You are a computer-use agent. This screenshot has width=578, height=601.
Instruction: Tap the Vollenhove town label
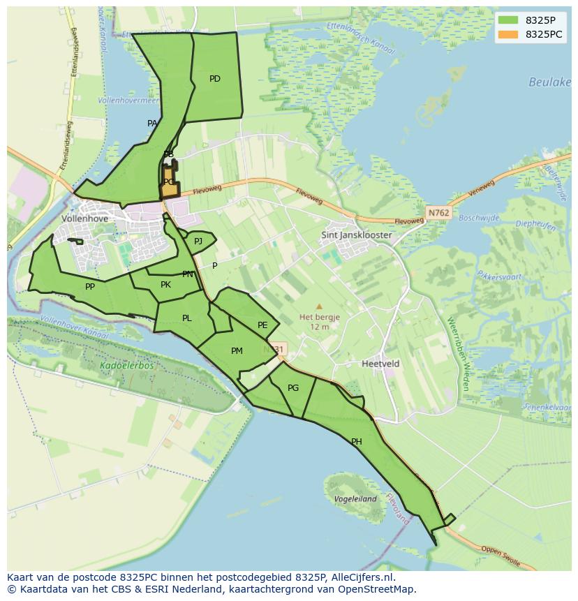point(86,218)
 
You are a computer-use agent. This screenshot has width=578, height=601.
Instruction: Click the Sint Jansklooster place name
point(356,235)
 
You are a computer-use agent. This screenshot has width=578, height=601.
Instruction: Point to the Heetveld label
point(380,364)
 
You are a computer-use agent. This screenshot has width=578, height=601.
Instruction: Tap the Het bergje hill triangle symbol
point(319,306)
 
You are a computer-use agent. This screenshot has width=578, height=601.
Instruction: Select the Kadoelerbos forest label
point(126,365)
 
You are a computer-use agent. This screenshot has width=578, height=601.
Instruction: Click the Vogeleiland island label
point(355,499)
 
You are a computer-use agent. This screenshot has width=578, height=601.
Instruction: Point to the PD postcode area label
point(215,79)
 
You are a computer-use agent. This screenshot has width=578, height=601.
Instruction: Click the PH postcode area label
point(357,442)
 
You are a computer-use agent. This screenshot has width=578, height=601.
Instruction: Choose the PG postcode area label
point(293,388)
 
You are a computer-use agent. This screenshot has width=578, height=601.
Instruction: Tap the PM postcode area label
point(237,351)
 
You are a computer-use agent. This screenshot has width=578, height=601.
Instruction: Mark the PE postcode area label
point(262,325)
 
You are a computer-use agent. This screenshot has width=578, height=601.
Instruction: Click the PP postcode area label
point(90,287)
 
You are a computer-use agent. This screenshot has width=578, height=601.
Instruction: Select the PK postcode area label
point(165,285)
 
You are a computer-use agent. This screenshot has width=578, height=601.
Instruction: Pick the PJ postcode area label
point(198,242)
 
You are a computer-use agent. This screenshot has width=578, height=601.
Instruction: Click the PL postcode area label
point(186,318)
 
